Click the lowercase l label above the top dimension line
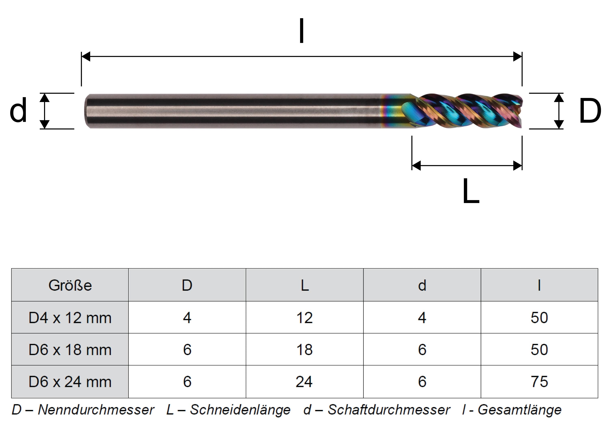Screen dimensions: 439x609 click(301, 31)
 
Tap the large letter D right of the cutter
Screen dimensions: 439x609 click(590, 111)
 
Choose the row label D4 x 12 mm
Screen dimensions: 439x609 click(70, 318)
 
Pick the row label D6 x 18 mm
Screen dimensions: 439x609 click(70, 350)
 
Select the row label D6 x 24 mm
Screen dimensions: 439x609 click(70, 382)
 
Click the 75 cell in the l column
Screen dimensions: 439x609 click(539, 382)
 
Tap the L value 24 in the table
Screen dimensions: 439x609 click(304, 382)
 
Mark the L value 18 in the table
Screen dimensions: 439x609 click(304, 350)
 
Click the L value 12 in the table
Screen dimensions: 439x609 click(304, 318)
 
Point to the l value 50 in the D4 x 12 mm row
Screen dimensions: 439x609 click(539, 318)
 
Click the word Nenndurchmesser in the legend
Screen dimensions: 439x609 click(96, 410)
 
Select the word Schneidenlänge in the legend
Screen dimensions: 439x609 click(240, 410)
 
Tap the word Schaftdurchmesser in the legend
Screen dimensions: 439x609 click(389, 410)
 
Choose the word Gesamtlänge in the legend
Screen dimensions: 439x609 click(520, 410)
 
